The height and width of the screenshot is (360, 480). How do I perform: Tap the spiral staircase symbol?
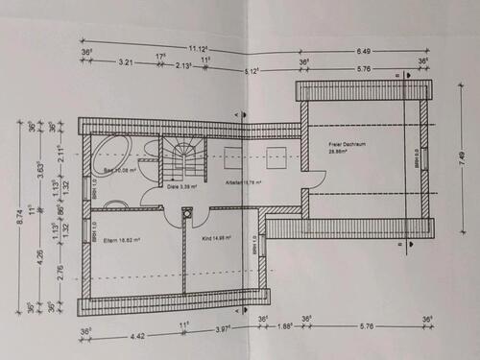180,157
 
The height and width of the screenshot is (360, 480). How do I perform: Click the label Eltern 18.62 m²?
122,241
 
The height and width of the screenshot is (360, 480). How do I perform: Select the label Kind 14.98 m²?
219,238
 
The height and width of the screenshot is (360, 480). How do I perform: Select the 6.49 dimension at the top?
363,50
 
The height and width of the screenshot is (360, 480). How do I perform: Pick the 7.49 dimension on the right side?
462,158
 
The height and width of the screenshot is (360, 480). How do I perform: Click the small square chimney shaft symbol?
186,214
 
